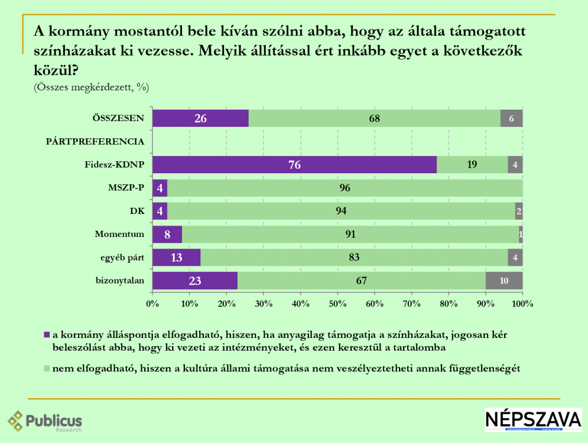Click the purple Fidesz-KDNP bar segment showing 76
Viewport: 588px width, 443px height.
[x=295, y=165]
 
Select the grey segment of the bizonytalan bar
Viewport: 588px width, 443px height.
[x=504, y=281]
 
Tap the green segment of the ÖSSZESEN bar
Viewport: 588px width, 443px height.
[x=374, y=118]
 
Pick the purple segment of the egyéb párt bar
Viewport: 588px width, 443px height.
[x=176, y=258]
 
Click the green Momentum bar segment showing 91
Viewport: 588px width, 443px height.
[x=350, y=234]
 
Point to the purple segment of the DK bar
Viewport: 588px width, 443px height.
[x=160, y=211]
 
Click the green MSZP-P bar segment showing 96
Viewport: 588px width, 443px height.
[x=345, y=188]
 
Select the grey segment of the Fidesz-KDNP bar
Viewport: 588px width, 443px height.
[x=515, y=165]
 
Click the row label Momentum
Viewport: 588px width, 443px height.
[x=119, y=234]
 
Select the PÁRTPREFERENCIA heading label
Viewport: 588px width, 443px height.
[x=95, y=141]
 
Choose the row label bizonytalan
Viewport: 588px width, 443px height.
[x=119, y=281]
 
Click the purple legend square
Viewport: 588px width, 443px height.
[x=47, y=335]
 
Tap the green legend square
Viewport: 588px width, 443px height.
[x=47, y=369]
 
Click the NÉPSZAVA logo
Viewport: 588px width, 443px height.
[x=533, y=419]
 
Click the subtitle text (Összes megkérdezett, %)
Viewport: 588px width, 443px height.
[x=91, y=87]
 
